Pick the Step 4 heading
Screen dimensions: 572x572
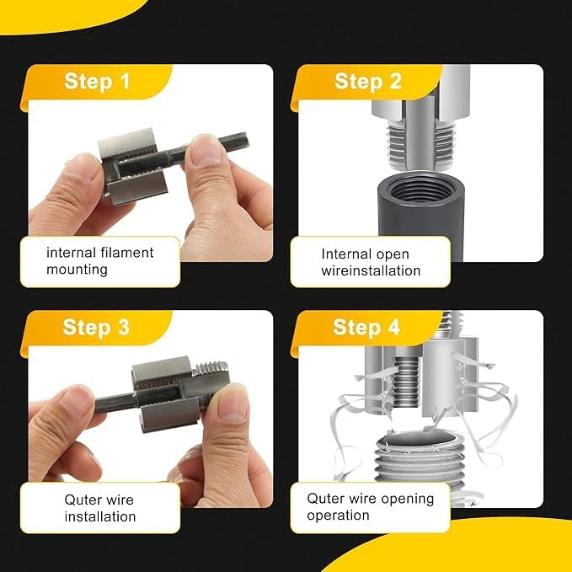367,327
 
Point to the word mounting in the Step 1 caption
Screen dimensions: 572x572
78,270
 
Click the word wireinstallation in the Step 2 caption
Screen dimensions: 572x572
371,270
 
